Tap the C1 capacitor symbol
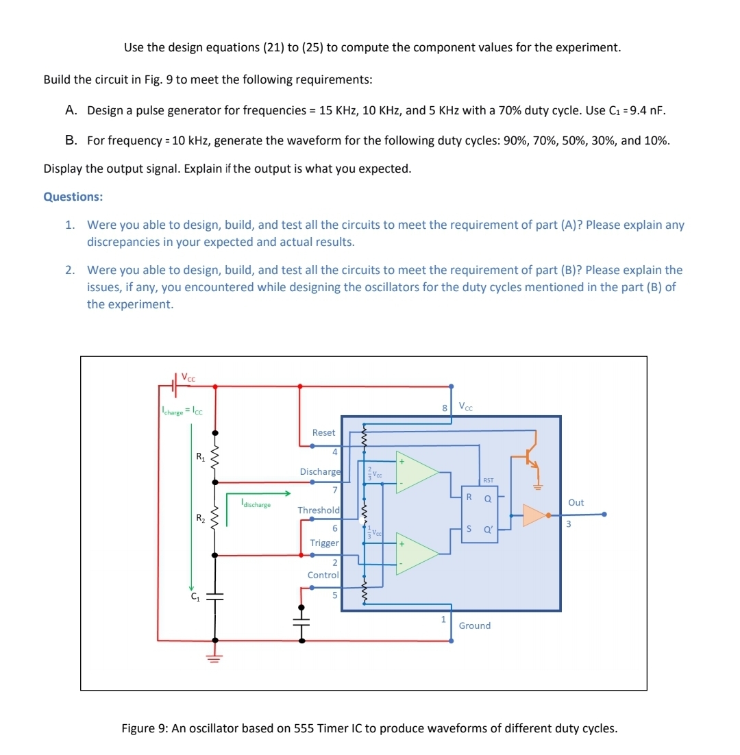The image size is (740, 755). coord(215,597)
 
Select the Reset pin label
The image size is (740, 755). coord(323,432)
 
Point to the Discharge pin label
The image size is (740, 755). coord(320,471)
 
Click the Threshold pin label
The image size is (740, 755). coord(319,510)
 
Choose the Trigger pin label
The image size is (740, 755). coord(324,543)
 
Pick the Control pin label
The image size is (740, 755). coord(323,575)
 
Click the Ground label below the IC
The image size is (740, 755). coord(474,626)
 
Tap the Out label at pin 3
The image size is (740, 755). coord(576,502)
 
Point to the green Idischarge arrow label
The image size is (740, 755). coord(255,505)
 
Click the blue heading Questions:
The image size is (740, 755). coord(73,197)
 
